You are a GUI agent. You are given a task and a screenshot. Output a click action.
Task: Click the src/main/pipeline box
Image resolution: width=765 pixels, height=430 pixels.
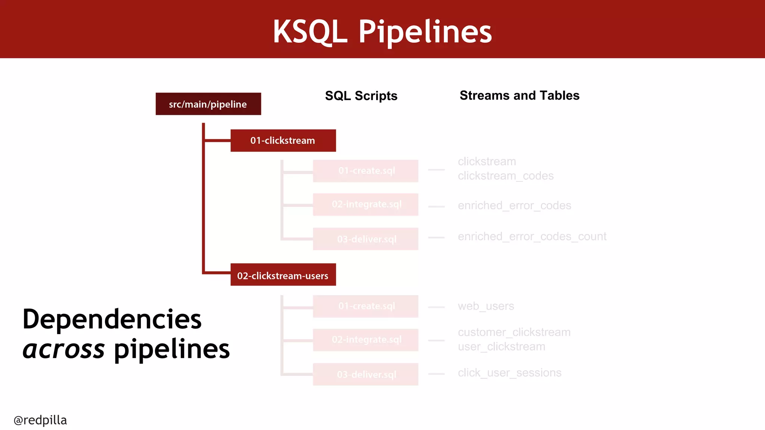[x=208, y=104]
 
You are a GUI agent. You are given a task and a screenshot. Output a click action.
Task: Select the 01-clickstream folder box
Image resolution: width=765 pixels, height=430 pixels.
[x=283, y=141]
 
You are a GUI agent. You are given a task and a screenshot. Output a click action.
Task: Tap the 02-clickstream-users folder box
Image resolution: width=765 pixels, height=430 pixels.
[x=283, y=275]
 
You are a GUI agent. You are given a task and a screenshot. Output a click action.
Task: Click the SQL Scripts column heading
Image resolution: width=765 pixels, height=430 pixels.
[x=361, y=96]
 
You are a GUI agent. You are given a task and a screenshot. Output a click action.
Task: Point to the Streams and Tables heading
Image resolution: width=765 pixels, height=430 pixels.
[x=519, y=96]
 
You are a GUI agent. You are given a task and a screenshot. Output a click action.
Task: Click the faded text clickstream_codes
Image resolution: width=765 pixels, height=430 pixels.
[x=505, y=176]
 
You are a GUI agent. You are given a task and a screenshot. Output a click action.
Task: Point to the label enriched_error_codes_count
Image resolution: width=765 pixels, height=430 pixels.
[x=532, y=237]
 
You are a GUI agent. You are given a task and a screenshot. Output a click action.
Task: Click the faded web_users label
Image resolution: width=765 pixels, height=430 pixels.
[x=486, y=306]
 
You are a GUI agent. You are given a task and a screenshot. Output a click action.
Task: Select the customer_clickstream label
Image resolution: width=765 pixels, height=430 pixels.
[x=514, y=332]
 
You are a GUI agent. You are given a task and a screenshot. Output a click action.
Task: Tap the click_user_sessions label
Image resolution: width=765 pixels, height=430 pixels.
[x=510, y=373]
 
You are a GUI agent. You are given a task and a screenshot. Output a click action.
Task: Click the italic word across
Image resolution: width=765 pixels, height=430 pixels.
[x=64, y=350]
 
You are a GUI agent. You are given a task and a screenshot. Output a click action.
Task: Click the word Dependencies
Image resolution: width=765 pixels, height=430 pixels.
[x=112, y=320]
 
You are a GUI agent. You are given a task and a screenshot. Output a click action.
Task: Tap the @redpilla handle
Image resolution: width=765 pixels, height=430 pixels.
[x=40, y=420]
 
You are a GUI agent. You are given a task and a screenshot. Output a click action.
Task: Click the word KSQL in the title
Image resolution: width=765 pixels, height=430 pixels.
[x=310, y=32]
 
